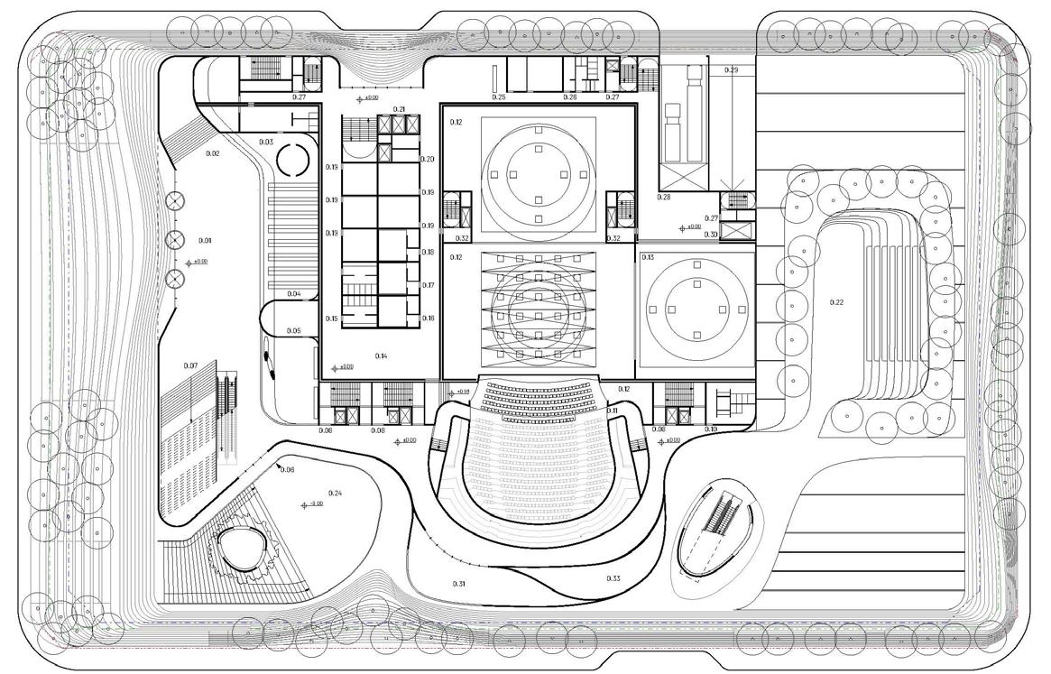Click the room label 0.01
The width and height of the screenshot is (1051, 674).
pyautogui.click(x=204, y=241)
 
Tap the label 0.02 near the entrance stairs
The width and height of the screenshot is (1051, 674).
pyautogui.click(x=213, y=154)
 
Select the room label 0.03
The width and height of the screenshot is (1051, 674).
pyautogui.click(x=266, y=143)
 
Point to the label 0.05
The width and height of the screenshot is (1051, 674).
pyautogui.click(x=294, y=331)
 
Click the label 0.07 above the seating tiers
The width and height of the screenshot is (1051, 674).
pyautogui.click(x=189, y=365)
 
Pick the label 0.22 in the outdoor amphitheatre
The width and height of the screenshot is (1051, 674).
pyautogui.click(x=836, y=301)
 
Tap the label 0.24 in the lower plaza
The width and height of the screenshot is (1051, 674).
pyautogui.click(x=336, y=493)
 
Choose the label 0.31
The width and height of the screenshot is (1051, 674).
pyautogui.click(x=458, y=585)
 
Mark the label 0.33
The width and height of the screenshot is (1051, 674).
pyautogui.click(x=613, y=578)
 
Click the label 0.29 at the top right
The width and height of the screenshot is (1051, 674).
pyautogui.click(x=731, y=70)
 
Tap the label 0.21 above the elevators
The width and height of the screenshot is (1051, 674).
pyautogui.click(x=400, y=110)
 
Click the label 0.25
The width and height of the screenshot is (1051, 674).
pyautogui.click(x=499, y=97)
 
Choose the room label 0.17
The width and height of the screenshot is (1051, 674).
pyautogui.click(x=429, y=285)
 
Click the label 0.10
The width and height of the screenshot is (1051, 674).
pyautogui.click(x=711, y=429)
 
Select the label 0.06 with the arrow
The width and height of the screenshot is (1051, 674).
pyautogui.click(x=288, y=470)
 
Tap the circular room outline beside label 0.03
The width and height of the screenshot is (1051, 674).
pyautogui.click(x=293, y=162)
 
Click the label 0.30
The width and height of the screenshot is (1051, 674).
pyautogui.click(x=711, y=235)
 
